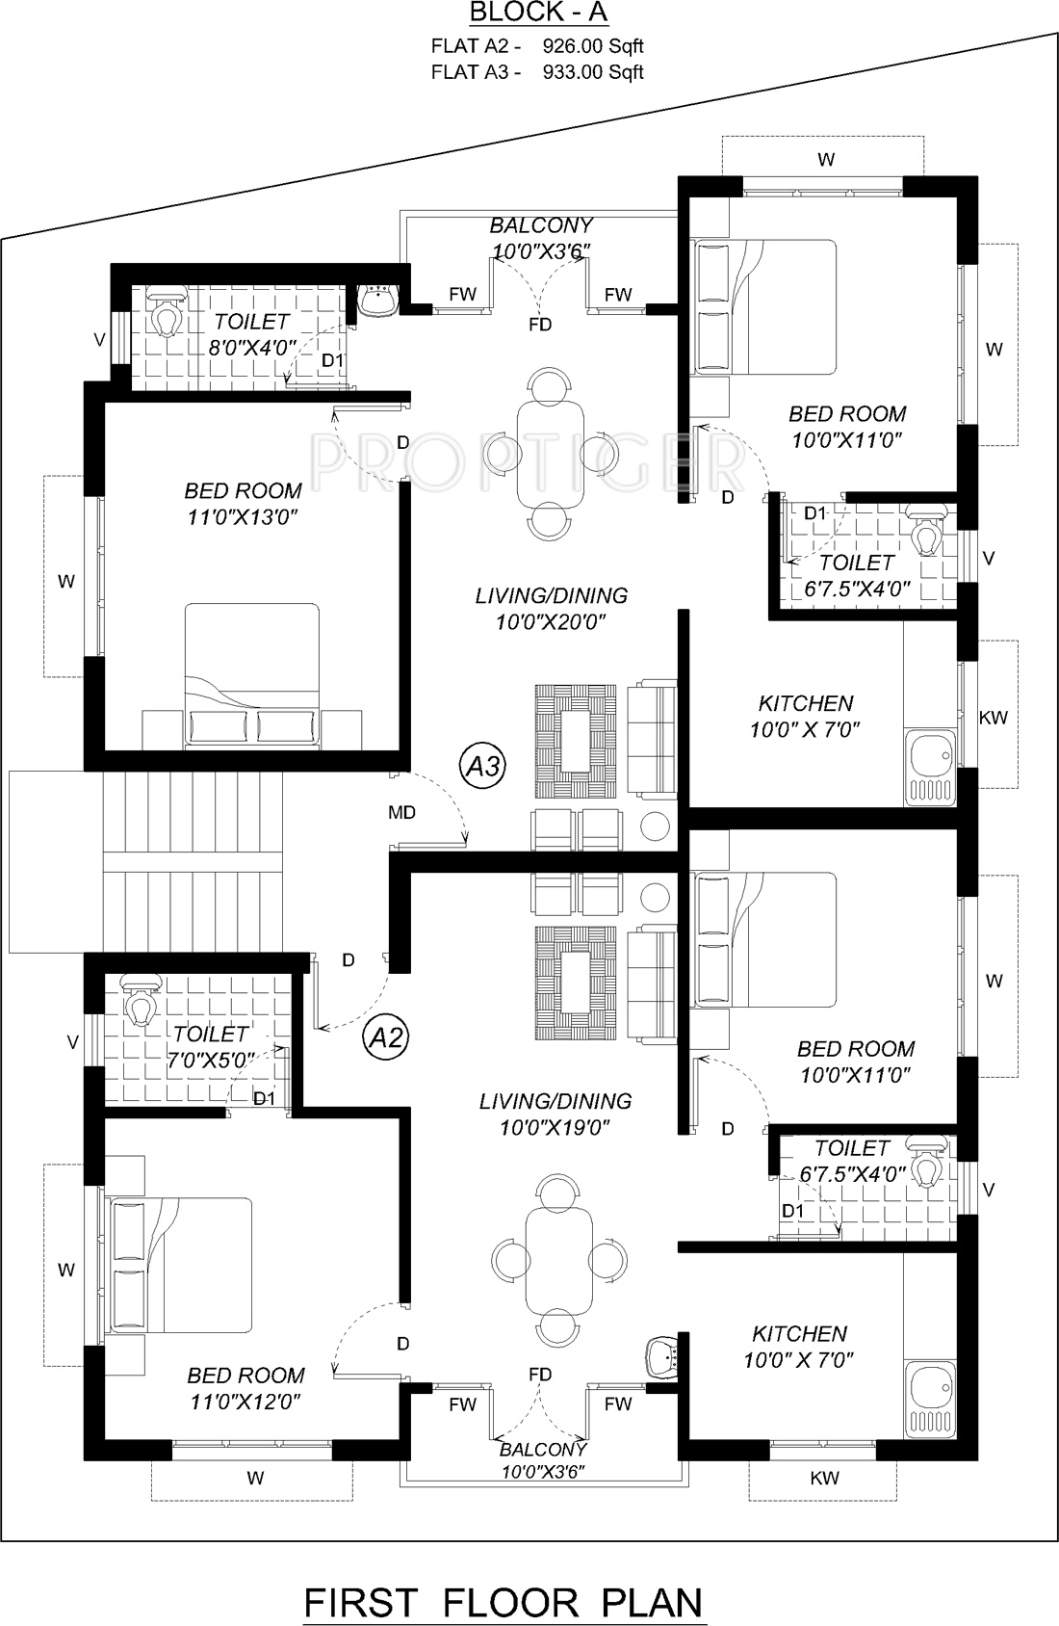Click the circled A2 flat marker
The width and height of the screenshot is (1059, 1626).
pos(385,1038)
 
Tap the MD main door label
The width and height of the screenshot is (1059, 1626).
pos(401,813)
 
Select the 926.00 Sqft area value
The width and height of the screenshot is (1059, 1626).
pos(593,46)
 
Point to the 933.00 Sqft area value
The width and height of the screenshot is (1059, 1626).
pos(593,72)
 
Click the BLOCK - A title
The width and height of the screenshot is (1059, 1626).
pos(538,13)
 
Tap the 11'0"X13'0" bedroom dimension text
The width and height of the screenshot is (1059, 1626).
pos(243,517)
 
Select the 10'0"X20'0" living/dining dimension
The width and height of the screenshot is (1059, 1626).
pos(551,622)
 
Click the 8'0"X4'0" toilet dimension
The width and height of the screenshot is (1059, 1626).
pos(252,349)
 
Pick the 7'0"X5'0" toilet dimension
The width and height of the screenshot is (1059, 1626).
pos(211,1061)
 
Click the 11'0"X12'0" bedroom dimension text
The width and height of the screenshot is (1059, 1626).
pos(245,1402)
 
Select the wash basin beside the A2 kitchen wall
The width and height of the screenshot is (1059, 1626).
pos(663,1353)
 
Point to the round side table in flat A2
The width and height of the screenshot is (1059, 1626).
pos(655,897)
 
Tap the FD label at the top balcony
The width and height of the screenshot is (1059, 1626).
pos(540,326)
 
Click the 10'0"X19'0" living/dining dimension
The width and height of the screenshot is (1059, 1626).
pos(555,1127)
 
